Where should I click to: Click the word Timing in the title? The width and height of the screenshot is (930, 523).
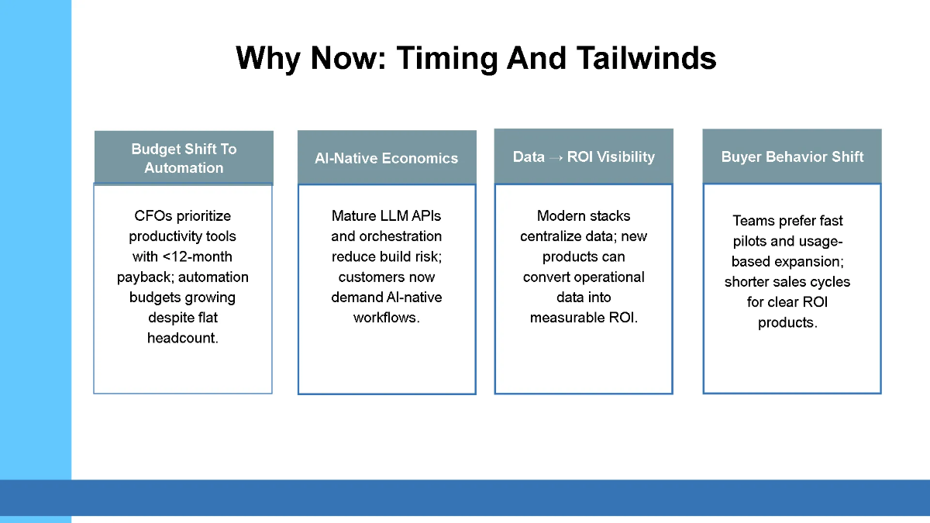point(447,59)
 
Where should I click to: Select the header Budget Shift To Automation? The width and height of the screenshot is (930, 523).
point(184,158)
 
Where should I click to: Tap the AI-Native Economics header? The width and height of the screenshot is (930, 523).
point(387,158)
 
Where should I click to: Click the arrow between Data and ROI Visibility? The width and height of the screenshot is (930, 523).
point(556,158)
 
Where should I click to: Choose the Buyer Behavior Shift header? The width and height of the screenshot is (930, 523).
point(792,157)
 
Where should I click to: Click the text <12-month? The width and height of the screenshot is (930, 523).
point(197,256)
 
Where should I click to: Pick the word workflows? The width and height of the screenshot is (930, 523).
point(385,318)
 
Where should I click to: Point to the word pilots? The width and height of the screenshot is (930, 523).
point(749,241)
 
